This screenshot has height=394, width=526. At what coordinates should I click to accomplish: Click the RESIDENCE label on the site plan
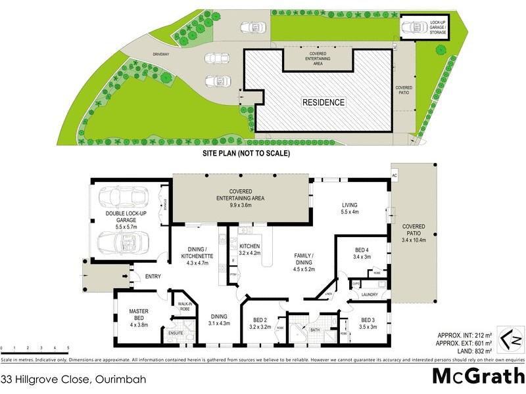click(323, 102)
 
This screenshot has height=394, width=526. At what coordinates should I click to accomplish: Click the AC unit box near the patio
click(394, 177)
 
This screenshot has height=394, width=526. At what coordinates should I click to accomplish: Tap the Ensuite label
click(176, 333)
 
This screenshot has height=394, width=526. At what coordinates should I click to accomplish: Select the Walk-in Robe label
click(184, 305)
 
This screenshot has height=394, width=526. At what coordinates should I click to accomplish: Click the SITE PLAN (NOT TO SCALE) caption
click(246, 153)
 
